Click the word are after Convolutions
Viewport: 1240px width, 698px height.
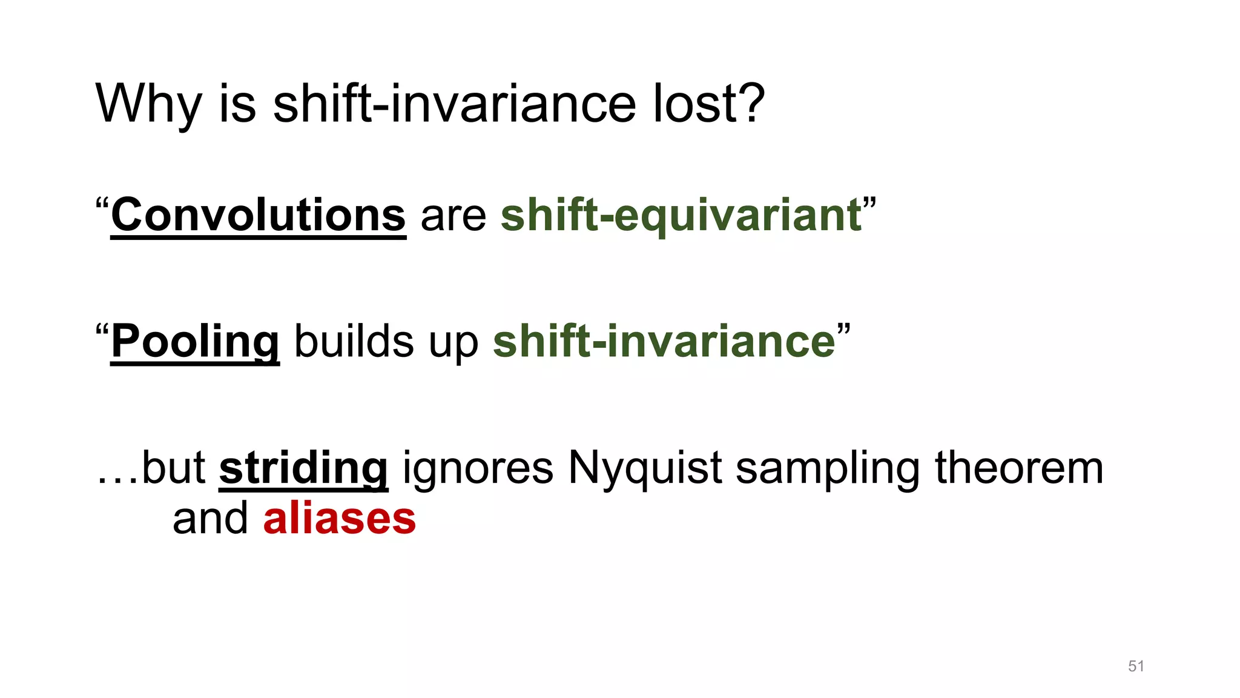point(453,217)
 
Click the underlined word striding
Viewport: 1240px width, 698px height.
point(303,468)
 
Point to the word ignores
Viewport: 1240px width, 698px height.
point(478,468)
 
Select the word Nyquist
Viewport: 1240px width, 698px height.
point(644,468)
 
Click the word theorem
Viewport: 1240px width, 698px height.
point(1019,468)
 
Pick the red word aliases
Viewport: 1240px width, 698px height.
point(339,519)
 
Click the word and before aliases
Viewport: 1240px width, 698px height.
point(210,519)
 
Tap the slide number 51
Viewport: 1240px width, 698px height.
point(1136,666)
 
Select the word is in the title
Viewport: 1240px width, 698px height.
point(237,104)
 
